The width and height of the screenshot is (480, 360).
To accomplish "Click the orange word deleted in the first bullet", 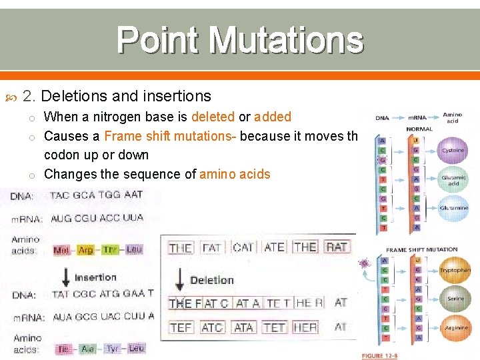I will tap(213, 117).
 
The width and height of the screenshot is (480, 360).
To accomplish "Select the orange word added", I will tap(273, 117).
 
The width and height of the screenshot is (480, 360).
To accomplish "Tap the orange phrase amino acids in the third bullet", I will tap(233, 174).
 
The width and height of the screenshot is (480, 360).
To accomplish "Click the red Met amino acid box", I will tap(61, 251).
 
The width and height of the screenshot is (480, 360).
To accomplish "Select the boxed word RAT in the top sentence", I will tap(337, 247).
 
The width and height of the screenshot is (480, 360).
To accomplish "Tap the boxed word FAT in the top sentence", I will tap(212, 247).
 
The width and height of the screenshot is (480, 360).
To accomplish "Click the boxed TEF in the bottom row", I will tap(181, 327).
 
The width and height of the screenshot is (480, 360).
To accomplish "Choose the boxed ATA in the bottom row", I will tap(243, 327).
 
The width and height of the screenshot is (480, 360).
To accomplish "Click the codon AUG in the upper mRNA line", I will tap(63, 218).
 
